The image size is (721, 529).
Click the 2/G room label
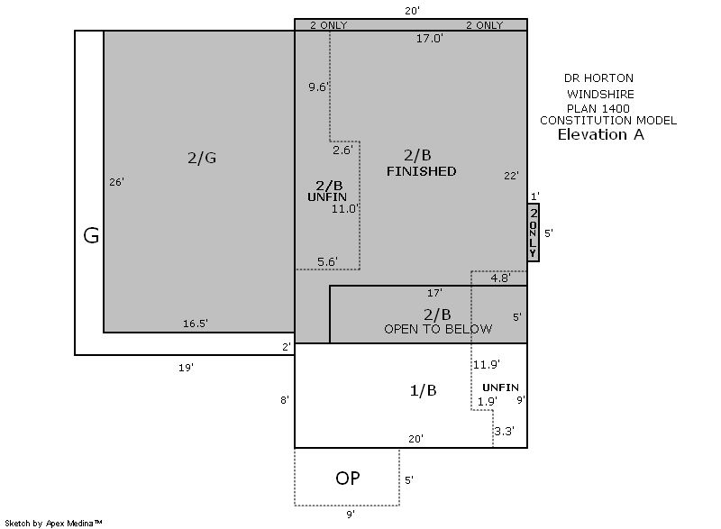tap(202, 158)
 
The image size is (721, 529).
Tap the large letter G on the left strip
tap(91, 236)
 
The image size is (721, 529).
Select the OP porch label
tap(348, 479)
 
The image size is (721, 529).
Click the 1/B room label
tap(423, 390)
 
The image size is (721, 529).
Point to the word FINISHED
tap(421, 171)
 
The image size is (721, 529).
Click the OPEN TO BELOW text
tap(438, 329)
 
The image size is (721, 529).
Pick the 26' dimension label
tap(117, 182)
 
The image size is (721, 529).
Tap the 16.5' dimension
tap(196, 324)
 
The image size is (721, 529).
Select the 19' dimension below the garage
tap(187, 368)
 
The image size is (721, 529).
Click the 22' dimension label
tap(511, 176)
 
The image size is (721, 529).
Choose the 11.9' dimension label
tap(487, 364)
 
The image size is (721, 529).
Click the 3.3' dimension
tap(505, 431)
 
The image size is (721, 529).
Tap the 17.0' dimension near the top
tap(430, 39)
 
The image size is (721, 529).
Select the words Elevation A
tap(600, 134)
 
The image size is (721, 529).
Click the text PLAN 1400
tap(598, 109)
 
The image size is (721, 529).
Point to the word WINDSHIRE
tap(600, 95)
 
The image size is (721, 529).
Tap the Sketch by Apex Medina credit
tap(53, 523)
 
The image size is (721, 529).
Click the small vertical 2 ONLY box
tap(533, 233)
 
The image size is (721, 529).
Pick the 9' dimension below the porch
tap(351, 515)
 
